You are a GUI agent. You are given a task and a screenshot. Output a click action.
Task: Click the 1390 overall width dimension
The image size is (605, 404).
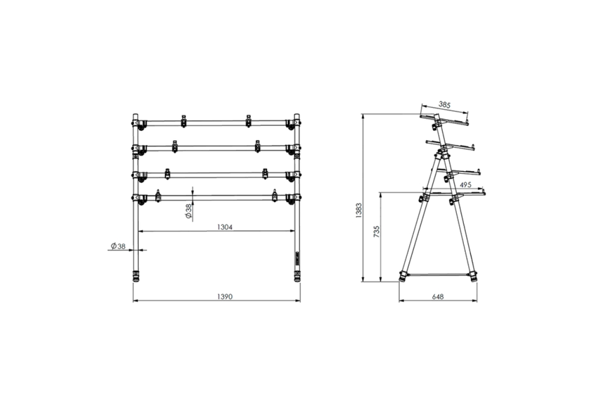pyautogui.click(x=225, y=297)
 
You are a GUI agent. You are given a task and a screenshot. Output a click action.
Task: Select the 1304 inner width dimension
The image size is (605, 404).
pyautogui.click(x=225, y=227)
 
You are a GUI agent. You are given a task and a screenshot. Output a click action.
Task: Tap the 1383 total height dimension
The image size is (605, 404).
pyautogui.click(x=358, y=210)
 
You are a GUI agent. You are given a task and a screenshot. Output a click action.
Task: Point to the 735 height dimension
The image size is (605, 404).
pyautogui.click(x=377, y=232)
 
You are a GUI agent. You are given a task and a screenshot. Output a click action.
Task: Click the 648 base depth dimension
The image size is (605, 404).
pyautogui.click(x=438, y=297)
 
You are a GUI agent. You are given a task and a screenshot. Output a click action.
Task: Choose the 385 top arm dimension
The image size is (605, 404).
pyautogui.click(x=444, y=105)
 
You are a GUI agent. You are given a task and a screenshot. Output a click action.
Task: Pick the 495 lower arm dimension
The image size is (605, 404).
pyautogui.click(x=465, y=185)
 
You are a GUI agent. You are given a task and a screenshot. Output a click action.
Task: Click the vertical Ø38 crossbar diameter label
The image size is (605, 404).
pyautogui.click(x=189, y=211)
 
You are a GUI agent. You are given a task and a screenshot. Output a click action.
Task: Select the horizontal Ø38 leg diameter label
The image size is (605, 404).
pyautogui.click(x=118, y=246)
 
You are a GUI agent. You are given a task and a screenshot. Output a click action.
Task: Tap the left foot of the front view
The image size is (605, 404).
pyautogui.click(x=136, y=276)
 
